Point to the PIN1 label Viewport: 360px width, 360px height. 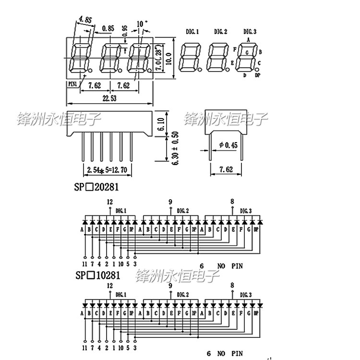[x=72, y=84]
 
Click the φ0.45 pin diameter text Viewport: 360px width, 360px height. [x=228, y=145]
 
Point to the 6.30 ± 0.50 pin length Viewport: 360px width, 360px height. [x=161, y=148]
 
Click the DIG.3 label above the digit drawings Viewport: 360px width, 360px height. [x=250, y=32]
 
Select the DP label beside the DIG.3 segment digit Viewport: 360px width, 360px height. [x=257, y=75]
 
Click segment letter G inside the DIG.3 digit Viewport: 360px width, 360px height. [x=247, y=51]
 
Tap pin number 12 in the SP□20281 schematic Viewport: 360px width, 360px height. [x=110, y=202]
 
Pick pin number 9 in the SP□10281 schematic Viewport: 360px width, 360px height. [x=170, y=285]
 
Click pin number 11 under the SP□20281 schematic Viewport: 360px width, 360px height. [x=84, y=264]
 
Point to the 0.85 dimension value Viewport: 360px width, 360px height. [x=108, y=28]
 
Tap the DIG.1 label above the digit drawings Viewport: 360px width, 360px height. [x=192, y=32]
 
